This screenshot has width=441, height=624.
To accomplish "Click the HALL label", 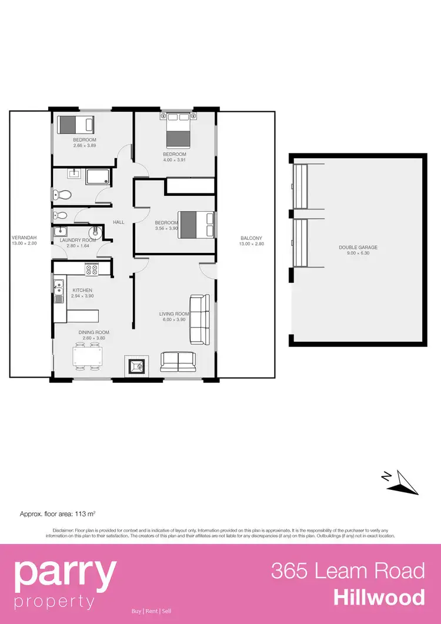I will (119, 222).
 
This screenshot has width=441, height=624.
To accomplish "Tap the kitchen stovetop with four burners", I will (92, 270).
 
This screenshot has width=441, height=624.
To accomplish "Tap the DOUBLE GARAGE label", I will (358, 248).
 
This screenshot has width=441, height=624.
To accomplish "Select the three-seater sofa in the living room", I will (199, 319).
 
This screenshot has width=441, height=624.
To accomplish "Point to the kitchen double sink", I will (59, 292).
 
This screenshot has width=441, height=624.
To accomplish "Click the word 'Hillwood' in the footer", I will (379, 598).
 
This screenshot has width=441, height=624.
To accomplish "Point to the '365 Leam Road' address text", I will (348, 570).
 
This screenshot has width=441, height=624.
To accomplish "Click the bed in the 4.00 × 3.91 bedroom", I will (178, 132).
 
